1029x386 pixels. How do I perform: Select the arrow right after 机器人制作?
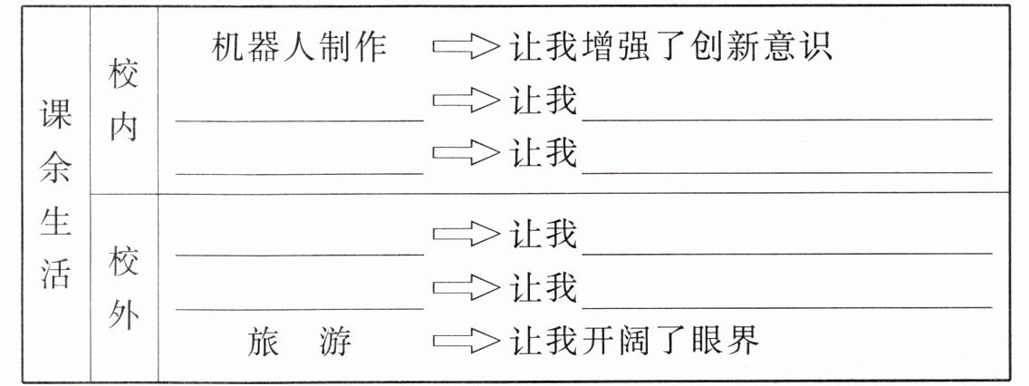click(466, 46)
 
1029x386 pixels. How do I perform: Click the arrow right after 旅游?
click(466, 341)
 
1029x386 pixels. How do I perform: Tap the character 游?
click(336, 342)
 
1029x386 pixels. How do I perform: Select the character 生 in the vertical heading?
click(55, 224)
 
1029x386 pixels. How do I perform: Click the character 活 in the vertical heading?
click(55, 275)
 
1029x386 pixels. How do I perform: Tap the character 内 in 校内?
click(124, 128)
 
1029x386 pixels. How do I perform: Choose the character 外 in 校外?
click(124, 316)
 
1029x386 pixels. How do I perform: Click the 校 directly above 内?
click(124, 77)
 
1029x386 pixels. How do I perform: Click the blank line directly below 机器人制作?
click(299, 116)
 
